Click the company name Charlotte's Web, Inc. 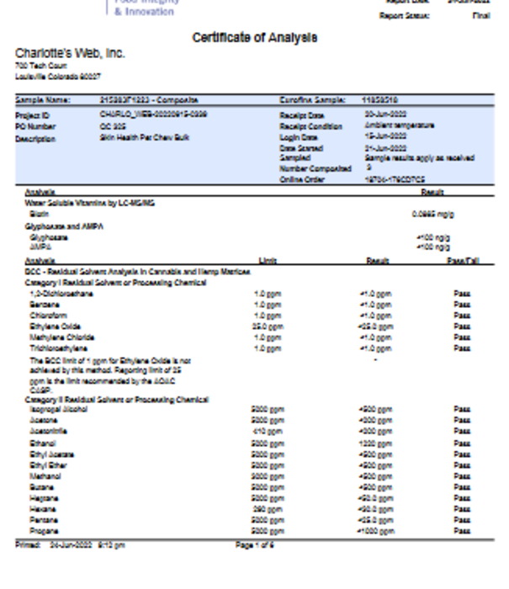pos(70,54)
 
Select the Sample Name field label pos(43,99)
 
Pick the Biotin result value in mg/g pos(433,214)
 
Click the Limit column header pos(268,262)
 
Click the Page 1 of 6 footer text pos(254,545)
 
